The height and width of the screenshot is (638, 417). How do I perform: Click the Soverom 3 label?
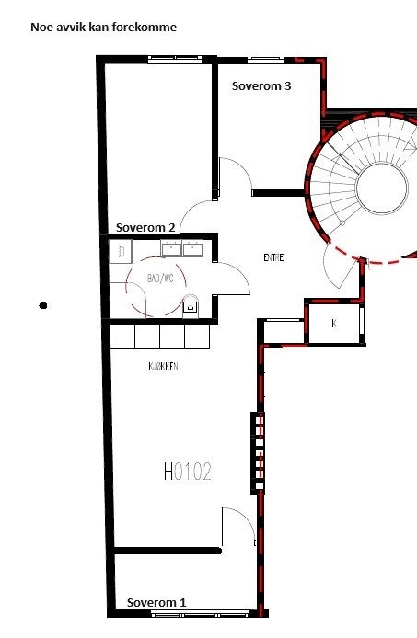pos(261,87)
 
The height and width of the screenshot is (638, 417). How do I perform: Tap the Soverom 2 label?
pos(145,227)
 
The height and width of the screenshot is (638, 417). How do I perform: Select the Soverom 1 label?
pos(156,602)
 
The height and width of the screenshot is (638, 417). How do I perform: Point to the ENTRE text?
pos(273,257)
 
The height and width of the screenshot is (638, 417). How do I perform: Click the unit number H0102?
pos(188,473)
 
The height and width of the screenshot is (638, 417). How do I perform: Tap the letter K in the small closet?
pos(333,324)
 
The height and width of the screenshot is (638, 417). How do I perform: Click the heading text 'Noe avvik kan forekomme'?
pos(103,28)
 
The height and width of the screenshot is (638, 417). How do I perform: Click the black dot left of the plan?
pos(43,304)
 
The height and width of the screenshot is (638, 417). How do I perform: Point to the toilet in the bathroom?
pos(191,305)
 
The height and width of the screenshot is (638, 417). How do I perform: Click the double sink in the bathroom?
pos(181,248)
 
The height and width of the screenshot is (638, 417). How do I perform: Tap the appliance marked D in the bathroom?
pos(122,250)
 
